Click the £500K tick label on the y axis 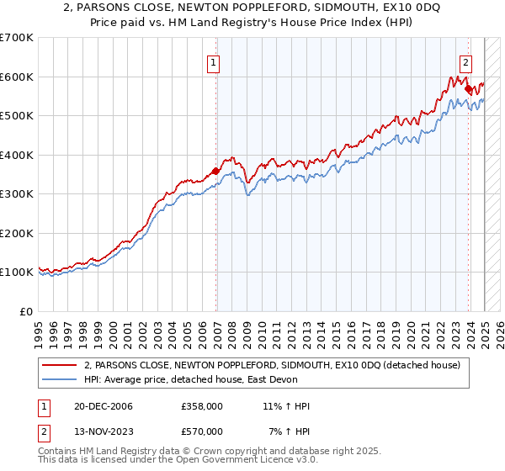[x=16, y=115]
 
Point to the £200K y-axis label [x=16, y=233]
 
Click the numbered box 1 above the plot [x=213, y=62]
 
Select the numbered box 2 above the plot [x=465, y=61]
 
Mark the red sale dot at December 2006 [x=216, y=171]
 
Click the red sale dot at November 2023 [x=468, y=87]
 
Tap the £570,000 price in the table [x=202, y=431]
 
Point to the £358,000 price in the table [x=202, y=406]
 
